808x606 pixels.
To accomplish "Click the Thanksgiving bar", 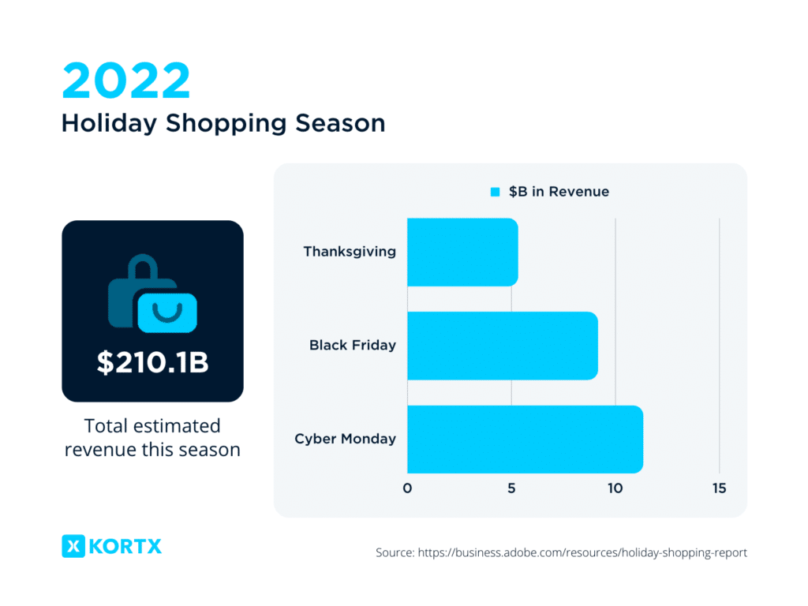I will click(x=462, y=252).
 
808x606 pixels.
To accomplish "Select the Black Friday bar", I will click(x=502, y=346).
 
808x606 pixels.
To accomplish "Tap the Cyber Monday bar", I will click(x=525, y=439).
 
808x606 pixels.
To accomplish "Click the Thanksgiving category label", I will click(x=350, y=252).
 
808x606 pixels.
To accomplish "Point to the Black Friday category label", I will click(x=353, y=345).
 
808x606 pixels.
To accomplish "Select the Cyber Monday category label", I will click(x=345, y=439).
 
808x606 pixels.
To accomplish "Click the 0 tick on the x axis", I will click(x=407, y=488).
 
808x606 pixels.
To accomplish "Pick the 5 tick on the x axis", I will click(x=511, y=488).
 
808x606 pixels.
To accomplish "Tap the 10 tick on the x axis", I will click(x=615, y=488).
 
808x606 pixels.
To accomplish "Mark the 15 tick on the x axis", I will click(x=719, y=488).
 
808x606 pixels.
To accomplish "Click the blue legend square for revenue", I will click(x=496, y=192).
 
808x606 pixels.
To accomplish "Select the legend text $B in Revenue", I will click(x=559, y=192).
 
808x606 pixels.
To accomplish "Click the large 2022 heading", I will click(x=126, y=80).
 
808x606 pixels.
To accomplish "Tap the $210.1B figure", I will click(x=152, y=362).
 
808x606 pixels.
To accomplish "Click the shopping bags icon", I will click(x=152, y=294).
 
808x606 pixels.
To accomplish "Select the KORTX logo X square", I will click(x=73, y=545).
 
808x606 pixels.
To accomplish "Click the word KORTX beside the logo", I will click(x=125, y=545).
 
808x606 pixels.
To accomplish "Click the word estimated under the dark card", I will click(x=180, y=426).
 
